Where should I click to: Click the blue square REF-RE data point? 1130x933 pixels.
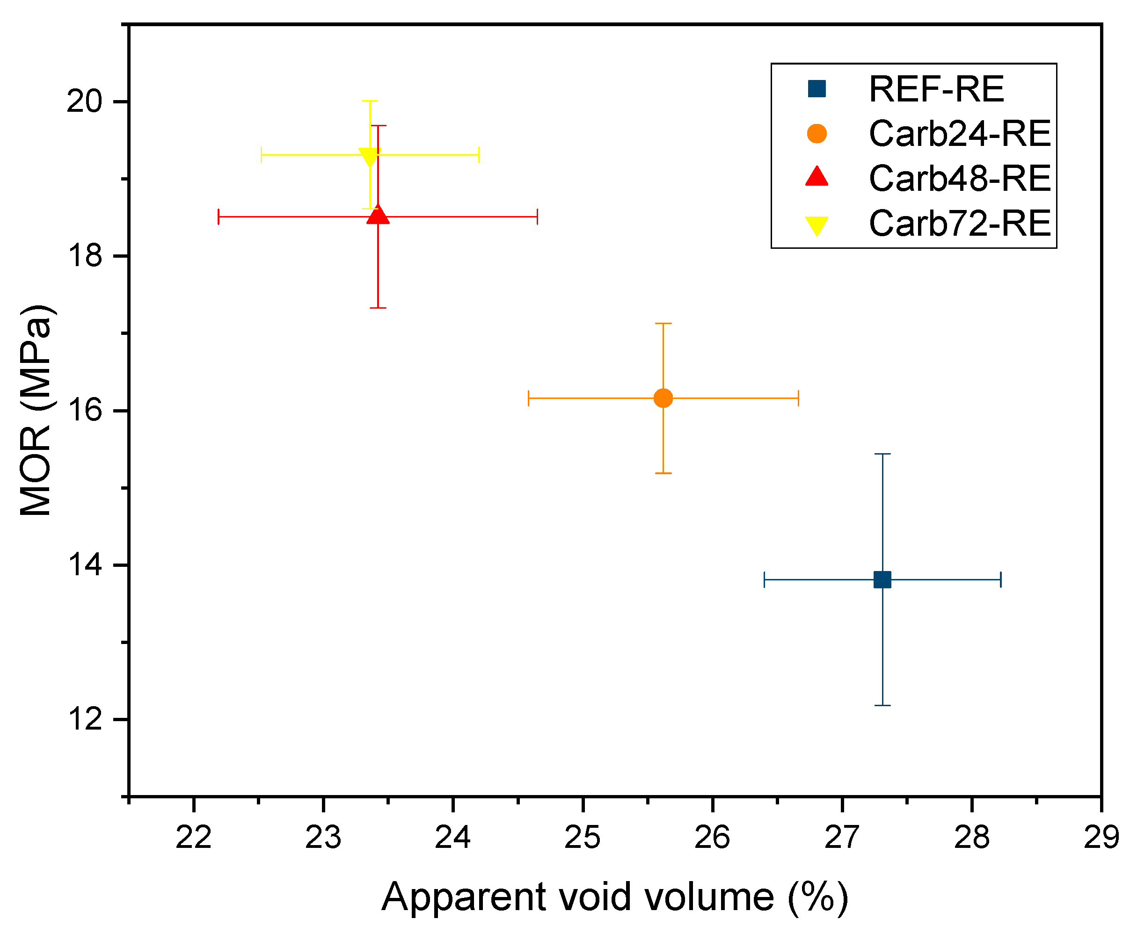(x=882, y=579)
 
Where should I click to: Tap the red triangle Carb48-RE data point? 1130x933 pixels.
(x=378, y=215)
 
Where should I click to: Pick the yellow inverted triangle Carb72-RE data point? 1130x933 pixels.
(x=370, y=157)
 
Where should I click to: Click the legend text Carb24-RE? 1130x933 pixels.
(x=959, y=133)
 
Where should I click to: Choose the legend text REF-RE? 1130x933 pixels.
(x=936, y=89)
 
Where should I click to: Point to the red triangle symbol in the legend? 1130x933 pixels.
(x=816, y=177)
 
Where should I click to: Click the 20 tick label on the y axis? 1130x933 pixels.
(x=84, y=101)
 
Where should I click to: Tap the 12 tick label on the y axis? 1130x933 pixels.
(x=84, y=719)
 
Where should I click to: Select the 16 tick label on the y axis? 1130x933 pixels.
(x=84, y=411)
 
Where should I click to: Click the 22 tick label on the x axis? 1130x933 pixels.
(x=194, y=837)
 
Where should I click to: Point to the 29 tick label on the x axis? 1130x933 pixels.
(x=1101, y=837)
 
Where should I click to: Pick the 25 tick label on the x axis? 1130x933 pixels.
(x=582, y=837)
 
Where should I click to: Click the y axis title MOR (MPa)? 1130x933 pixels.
(x=36, y=410)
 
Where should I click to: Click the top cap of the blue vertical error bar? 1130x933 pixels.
(x=882, y=454)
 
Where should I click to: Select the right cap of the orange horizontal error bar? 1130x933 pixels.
(x=798, y=398)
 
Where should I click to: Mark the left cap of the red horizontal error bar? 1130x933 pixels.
(x=218, y=217)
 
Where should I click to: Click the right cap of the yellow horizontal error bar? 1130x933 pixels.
(x=479, y=155)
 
